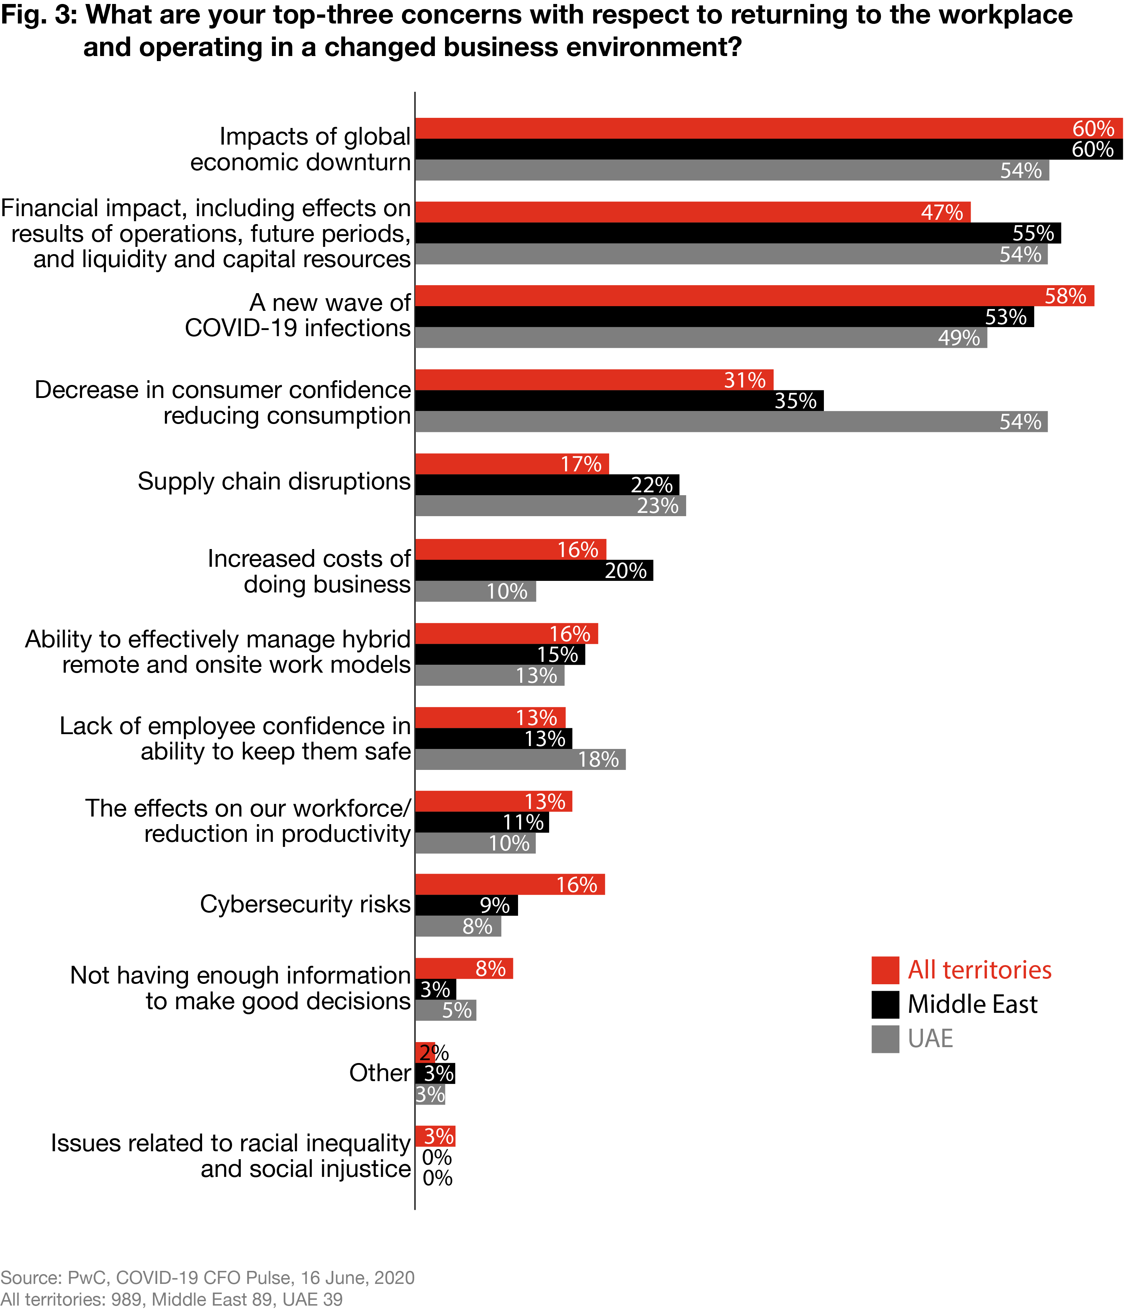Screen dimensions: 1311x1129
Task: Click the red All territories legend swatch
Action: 885,970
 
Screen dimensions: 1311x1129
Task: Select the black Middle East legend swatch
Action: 885,1004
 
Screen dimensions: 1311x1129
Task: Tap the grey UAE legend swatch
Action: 885,1039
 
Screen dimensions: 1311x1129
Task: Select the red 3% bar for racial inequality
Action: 435,1136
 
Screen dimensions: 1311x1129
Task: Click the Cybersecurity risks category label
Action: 305,904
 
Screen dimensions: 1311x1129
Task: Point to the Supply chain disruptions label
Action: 274,481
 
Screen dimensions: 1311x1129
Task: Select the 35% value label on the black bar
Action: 795,401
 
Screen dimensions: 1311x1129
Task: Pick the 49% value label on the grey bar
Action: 959,338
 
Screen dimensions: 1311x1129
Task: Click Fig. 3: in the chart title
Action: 38,15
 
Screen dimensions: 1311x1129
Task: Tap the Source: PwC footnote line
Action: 207,1277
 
